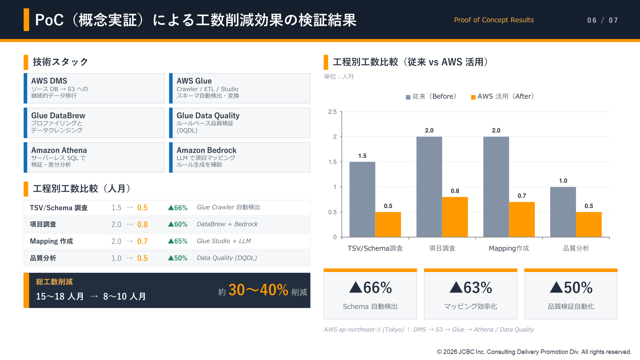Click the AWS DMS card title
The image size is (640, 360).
click(49, 81)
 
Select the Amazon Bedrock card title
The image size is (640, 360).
click(206, 150)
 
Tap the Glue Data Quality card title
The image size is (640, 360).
click(208, 116)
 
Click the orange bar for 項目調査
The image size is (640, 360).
click(455, 217)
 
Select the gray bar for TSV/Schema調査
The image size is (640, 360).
click(362, 200)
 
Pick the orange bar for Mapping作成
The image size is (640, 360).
click(522, 220)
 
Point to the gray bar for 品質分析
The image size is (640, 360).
click(563, 212)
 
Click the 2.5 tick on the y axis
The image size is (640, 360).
click(332, 112)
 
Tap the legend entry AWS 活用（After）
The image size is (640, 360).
click(503, 96)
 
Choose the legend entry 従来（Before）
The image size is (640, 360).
click(431, 96)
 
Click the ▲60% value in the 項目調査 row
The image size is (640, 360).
click(178, 224)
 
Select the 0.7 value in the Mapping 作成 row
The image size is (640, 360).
click(142, 241)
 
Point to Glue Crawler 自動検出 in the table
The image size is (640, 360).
click(228, 207)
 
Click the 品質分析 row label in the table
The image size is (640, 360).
click(43, 258)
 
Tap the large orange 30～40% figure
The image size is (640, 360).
click(258, 290)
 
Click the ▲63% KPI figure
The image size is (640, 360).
click(471, 288)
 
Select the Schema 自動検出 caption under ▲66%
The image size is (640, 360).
click(370, 307)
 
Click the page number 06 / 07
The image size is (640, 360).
click(603, 20)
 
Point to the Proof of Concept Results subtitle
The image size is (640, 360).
click(494, 20)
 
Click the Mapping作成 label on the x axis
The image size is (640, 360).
click(509, 248)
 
